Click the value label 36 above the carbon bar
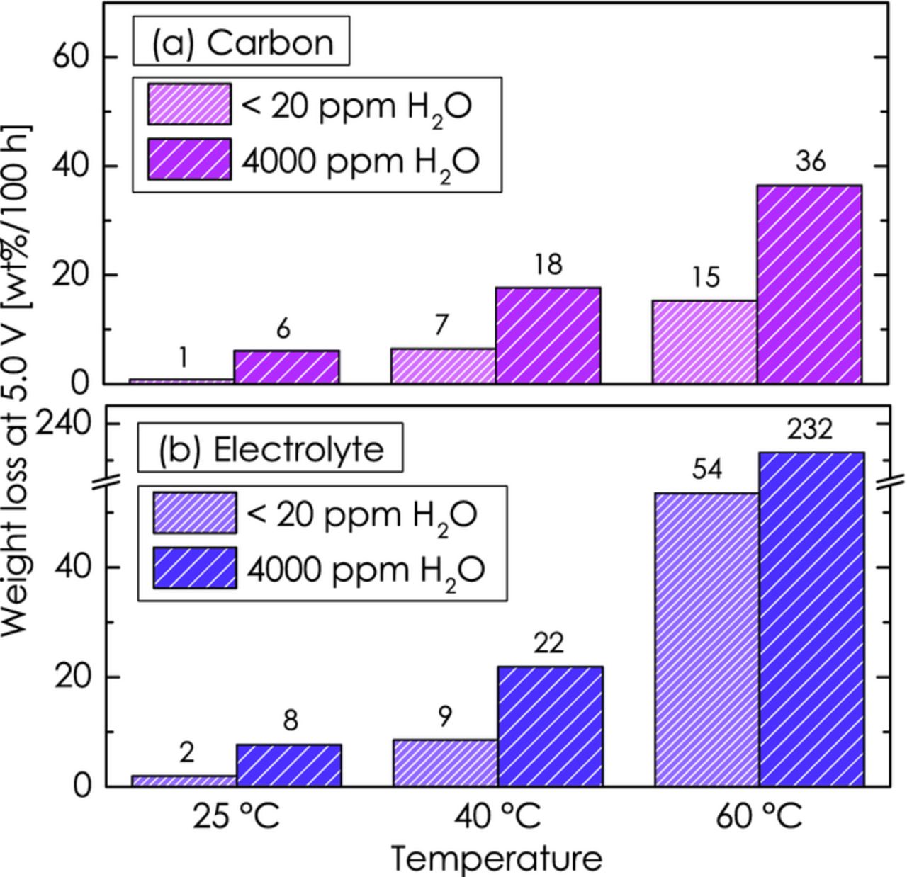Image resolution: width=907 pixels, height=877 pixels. (810, 162)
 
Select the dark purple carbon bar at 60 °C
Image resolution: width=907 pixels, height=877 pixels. (809, 284)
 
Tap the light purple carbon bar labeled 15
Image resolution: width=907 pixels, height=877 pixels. (704, 341)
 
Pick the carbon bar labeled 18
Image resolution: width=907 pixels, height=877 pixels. (548, 335)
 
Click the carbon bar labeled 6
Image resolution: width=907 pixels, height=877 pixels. (286, 366)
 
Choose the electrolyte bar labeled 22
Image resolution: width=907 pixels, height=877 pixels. (550, 726)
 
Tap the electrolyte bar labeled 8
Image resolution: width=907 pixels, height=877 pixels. (288, 765)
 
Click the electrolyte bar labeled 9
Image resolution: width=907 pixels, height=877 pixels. (445, 763)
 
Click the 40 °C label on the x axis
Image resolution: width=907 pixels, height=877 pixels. (497, 816)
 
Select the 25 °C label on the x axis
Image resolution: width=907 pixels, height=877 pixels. (236, 816)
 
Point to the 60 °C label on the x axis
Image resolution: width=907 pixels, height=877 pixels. (758, 816)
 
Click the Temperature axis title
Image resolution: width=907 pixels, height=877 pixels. (496, 859)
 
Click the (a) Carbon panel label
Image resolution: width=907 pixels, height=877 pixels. (242, 42)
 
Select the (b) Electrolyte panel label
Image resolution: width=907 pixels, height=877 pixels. (271, 449)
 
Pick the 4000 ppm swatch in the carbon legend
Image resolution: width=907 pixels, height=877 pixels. (189, 159)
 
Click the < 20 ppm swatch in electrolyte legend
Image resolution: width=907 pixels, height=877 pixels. (195, 513)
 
